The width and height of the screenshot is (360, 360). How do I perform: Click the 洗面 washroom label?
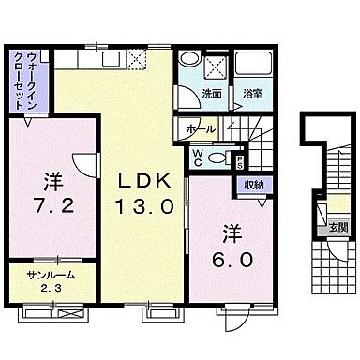pyautogui.click(x=211, y=94)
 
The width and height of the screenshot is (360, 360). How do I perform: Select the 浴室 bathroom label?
pyautogui.click(x=251, y=94)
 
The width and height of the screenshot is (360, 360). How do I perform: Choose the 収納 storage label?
pyautogui.click(x=254, y=185)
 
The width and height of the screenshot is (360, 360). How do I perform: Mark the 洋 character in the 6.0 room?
pyautogui.click(x=232, y=232)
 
